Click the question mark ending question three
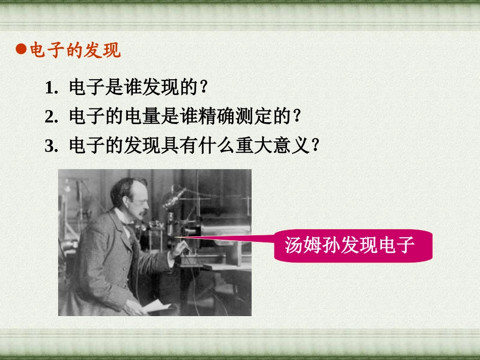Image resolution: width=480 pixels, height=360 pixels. [317, 146]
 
